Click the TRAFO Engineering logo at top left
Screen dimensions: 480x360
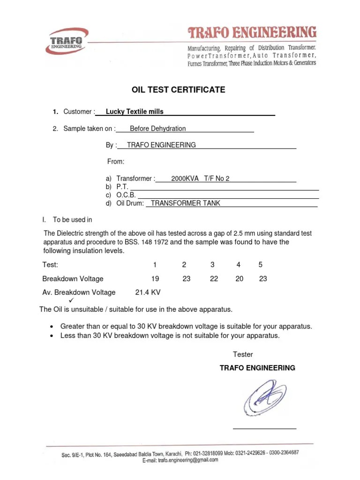pyautogui.click(x=67, y=42)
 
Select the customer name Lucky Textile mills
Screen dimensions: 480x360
pyautogui.click(x=135, y=112)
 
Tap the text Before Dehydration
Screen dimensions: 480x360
pyautogui.click(x=157, y=128)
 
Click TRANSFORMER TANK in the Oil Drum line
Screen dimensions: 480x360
pyautogui.click(x=185, y=203)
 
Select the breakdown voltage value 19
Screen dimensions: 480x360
pyautogui.click(x=155, y=278)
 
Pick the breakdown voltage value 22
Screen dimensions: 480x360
pyautogui.click(x=214, y=278)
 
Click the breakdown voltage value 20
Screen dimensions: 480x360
pyautogui.click(x=240, y=278)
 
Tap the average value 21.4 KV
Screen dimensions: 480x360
pyautogui.click(x=148, y=292)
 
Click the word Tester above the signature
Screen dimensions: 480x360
pyautogui.click(x=243, y=354)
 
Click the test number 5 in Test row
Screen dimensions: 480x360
pyautogui.click(x=260, y=265)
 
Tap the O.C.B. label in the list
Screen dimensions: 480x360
pyautogui.click(x=126, y=195)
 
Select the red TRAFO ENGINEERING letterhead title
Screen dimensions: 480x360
pyautogui.click(x=252, y=33)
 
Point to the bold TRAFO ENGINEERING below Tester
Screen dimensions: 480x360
pyautogui.click(x=257, y=368)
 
